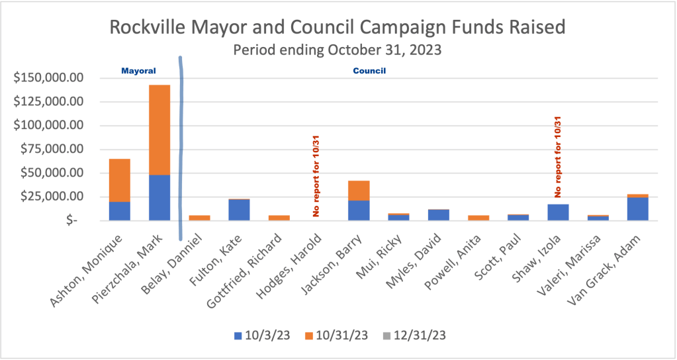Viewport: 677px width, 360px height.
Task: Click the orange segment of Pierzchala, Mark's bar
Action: click(159, 130)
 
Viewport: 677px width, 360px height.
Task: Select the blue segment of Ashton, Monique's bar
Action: click(119, 211)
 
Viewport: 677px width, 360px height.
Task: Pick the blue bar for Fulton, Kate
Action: click(239, 210)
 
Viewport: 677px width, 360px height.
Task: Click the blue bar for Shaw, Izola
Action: click(558, 212)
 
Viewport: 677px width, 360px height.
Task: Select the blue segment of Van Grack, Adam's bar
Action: click(638, 208)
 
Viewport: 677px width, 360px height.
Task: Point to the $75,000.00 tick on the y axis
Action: click(51, 150)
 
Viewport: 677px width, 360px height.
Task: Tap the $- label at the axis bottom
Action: click(74, 221)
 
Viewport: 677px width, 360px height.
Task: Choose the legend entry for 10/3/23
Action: click(261, 335)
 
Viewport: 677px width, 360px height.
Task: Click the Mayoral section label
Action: click(138, 69)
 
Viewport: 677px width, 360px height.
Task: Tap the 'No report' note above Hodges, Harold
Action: click(316, 175)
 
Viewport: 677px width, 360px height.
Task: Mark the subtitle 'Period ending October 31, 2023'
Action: click(337, 50)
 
